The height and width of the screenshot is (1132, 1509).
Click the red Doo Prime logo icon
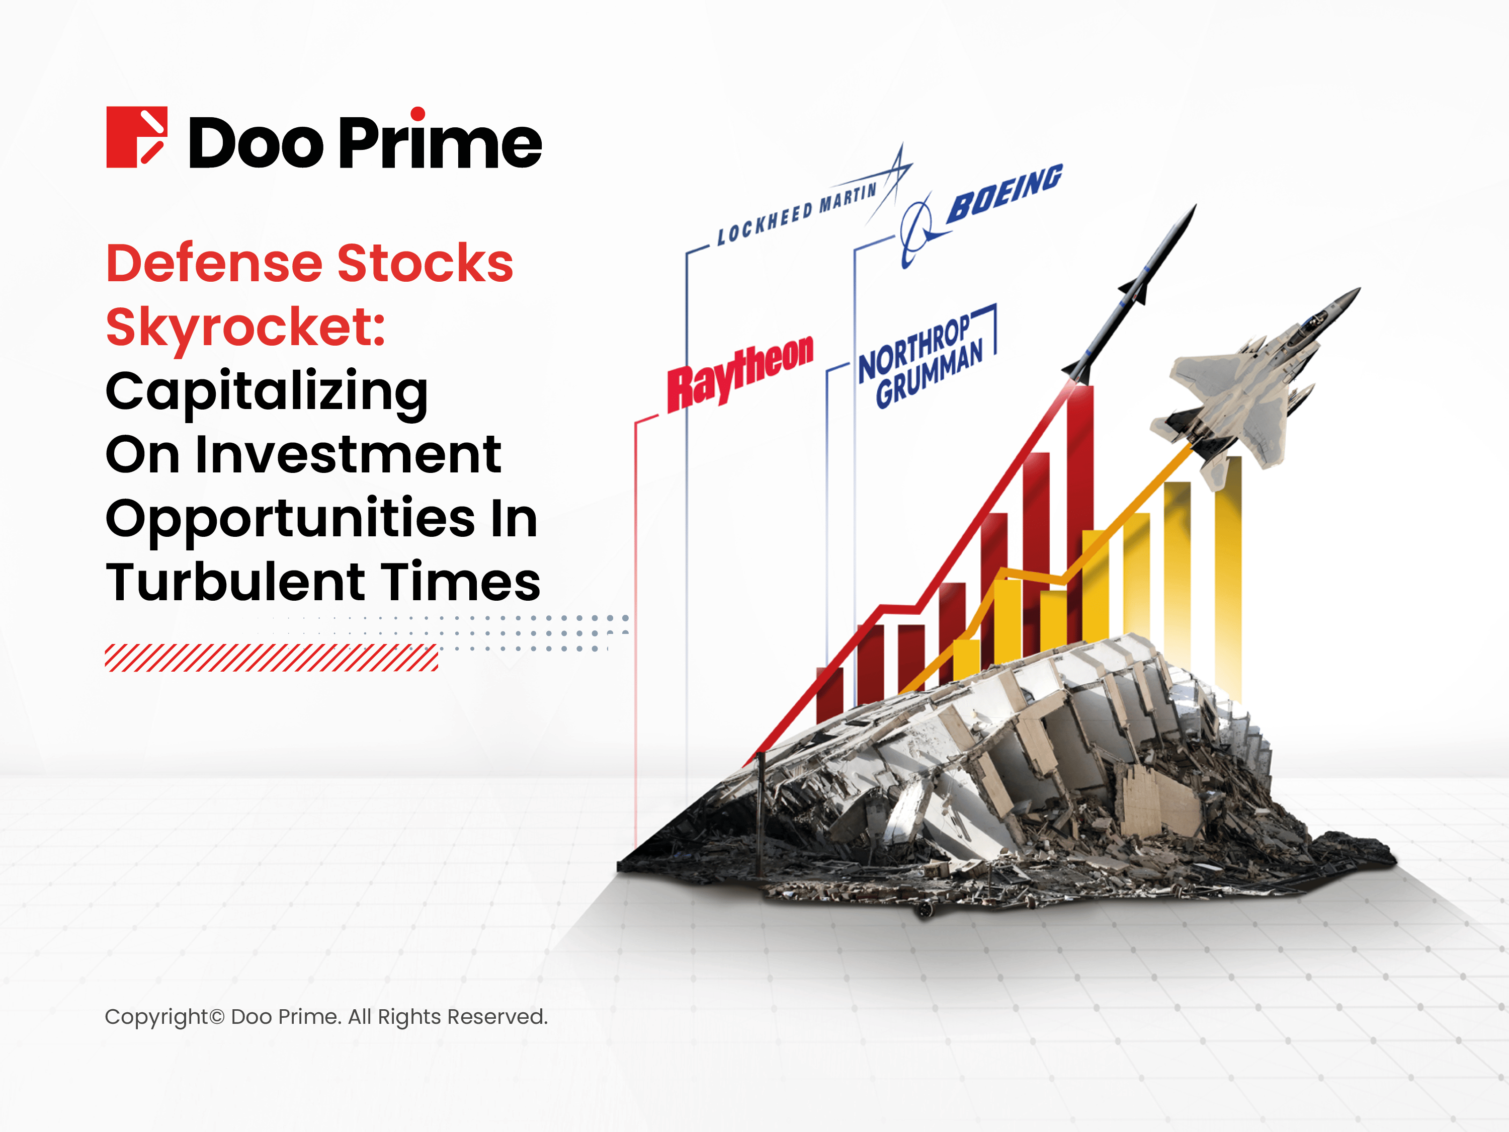136,137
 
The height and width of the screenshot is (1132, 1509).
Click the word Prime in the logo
440,141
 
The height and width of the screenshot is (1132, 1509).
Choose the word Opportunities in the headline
290,519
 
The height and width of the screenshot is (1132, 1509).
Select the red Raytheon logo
740,372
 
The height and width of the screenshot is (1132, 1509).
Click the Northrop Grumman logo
921,362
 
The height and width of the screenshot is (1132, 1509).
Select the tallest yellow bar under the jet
1228,580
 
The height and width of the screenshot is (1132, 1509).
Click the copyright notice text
326,1017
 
